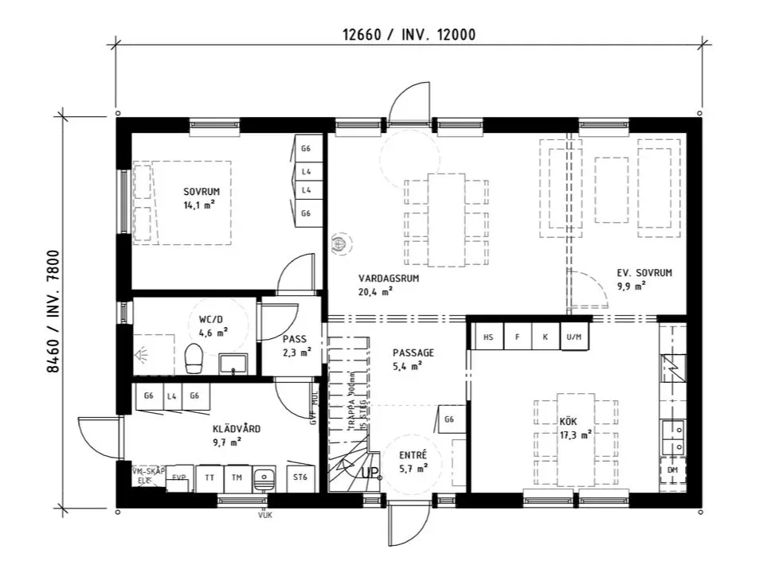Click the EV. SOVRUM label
(x=644, y=273)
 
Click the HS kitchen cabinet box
(x=488, y=337)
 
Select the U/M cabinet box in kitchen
(x=573, y=337)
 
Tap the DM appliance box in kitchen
(x=672, y=471)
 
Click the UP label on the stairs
(x=370, y=473)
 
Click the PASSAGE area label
(x=413, y=352)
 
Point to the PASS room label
(x=294, y=339)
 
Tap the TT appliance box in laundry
(x=209, y=477)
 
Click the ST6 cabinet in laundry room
(x=300, y=477)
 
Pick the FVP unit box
(x=179, y=477)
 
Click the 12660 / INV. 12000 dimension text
(x=409, y=35)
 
